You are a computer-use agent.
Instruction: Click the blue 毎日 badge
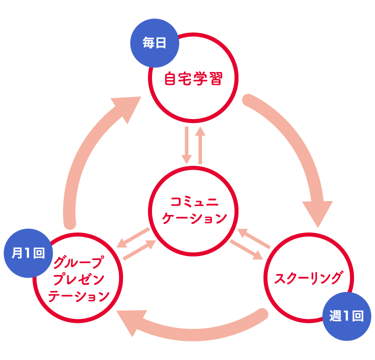click(x=154, y=43)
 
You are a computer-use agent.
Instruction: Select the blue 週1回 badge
click(x=346, y=316)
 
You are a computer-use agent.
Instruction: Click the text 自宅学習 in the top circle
click(x=193, y=78)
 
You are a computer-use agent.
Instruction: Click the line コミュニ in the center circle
click(x=192, y=202)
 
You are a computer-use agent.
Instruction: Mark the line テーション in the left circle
click(x=79, y=296)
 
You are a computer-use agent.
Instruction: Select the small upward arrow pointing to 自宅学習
click(x=200, y=145)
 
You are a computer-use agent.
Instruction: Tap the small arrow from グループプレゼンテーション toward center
click(x=140, y=249)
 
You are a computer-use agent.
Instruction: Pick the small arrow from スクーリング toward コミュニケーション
click(x=253, y=238)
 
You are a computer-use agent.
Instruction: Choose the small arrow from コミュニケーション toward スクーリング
click(x=246, y=249)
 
